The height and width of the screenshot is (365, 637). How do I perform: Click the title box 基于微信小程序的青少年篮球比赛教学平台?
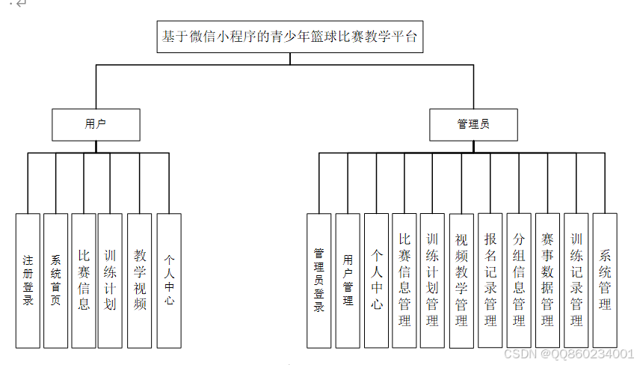[x=290, y=36]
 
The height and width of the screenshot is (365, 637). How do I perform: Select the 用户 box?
[x=96, y=125]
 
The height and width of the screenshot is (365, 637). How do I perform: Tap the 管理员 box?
[x=473, y=125]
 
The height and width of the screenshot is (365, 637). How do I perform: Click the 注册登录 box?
[x=28, y=280]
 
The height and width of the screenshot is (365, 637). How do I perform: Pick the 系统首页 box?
[x=55, y=280]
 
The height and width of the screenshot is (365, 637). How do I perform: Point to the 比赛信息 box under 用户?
[x=84, y=280]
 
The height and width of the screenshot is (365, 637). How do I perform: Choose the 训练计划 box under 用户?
[x=110, y=280]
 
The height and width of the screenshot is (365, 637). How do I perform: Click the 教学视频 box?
[x=140, y=280]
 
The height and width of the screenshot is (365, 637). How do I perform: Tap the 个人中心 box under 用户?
[x=169, y=280]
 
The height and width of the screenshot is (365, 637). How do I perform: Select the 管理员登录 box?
[x=319, y=280]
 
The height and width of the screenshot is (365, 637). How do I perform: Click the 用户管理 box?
[x=348, y=280]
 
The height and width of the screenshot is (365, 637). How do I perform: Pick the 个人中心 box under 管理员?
[x=376, y=280]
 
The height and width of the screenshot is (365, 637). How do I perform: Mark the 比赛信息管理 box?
[x=404, y=280]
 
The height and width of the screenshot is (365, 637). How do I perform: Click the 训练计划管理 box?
[x=432, y=280]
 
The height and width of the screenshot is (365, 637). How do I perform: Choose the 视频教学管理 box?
[x=461, y=280]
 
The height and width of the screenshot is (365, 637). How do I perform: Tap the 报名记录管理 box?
[x=490, y=280]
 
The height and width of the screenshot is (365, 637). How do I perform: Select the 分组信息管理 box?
[x=519, y=280]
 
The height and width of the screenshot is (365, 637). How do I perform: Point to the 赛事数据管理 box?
[x=547, y=280]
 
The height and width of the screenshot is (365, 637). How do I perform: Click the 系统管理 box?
[x=605, y=280]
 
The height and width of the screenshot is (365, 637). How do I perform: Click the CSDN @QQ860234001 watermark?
[x=569, y=353]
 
